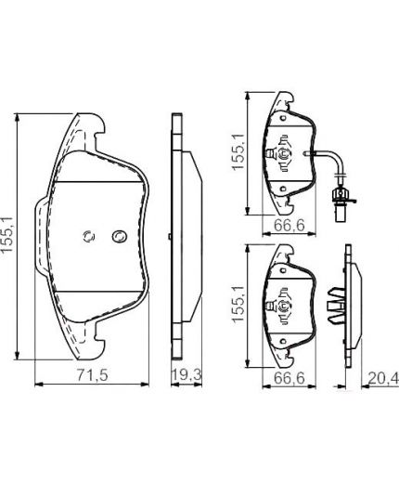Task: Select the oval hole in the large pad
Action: (118, 236)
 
